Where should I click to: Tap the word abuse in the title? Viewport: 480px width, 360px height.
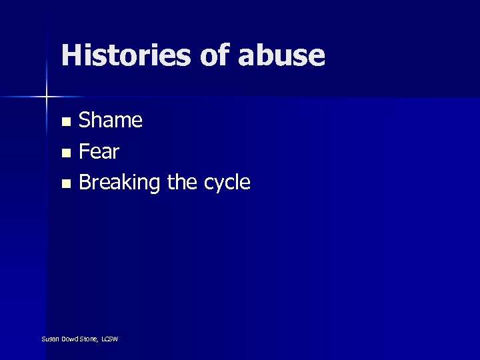281,55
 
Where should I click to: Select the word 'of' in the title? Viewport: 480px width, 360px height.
215,55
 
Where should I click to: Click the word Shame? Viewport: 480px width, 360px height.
111,121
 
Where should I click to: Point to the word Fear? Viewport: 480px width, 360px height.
99,152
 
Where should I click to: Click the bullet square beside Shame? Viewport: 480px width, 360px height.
65,122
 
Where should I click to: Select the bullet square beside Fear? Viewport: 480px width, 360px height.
65,153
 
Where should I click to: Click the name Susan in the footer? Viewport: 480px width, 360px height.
49,339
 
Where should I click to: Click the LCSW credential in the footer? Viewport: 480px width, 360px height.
109,339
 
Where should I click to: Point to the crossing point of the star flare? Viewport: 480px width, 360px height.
47,97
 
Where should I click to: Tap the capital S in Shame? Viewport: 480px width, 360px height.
85,121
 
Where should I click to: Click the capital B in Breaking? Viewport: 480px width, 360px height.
85,183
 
